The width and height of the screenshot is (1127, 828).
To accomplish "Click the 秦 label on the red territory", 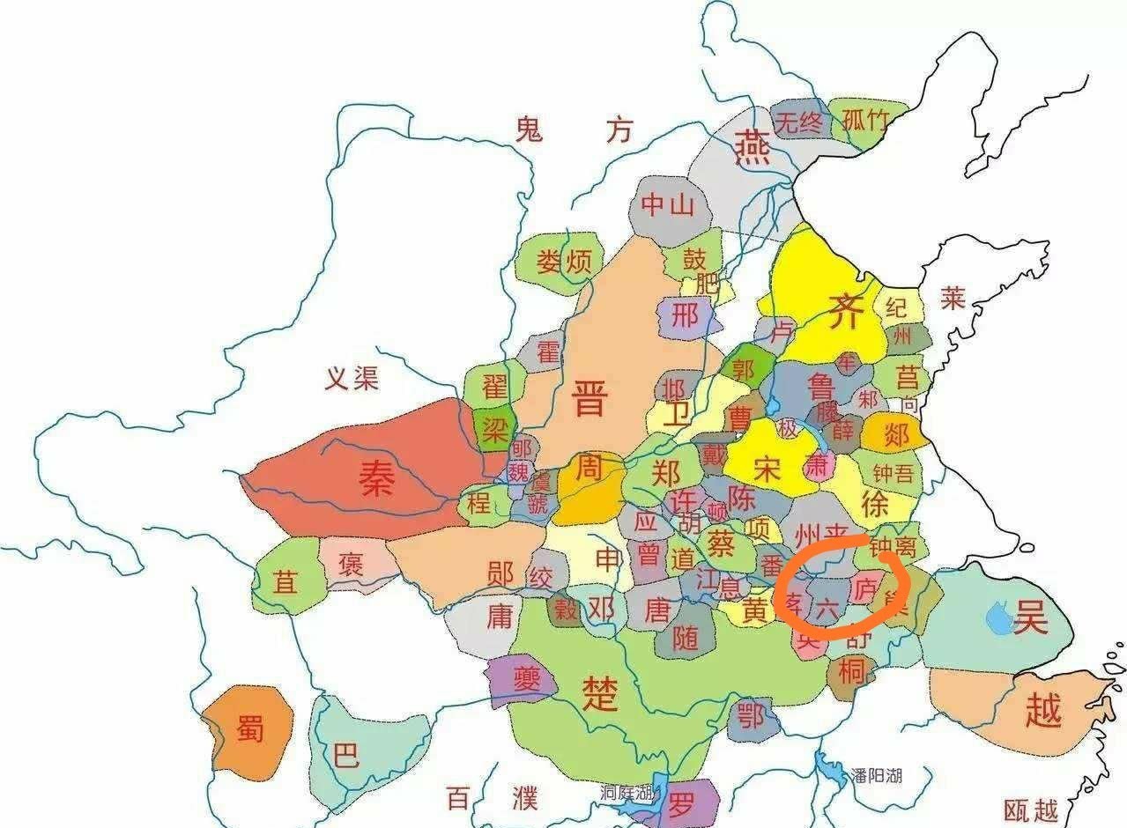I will (x=376, y=479).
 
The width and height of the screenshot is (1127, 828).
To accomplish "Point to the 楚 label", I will (x=600, y=693).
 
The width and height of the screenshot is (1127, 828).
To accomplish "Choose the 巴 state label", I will (x=347, y=755).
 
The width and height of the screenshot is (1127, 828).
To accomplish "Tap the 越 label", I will (x=1043, y=709).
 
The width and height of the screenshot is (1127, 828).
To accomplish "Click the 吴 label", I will (x=1030, y=619).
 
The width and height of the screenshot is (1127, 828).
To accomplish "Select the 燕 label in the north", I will (x=753, y=148).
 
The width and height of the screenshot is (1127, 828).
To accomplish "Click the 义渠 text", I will (x=352, y=380).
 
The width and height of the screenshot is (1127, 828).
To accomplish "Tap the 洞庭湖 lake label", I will (x=627, y=790).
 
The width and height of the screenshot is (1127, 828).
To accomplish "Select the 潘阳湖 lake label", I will (x=876, y=775).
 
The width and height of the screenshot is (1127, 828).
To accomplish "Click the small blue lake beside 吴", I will (x=999, y=617).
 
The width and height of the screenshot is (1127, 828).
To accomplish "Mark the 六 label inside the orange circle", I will (x=827, y=607).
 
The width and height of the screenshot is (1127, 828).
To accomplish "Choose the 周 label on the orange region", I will (x=588, y=469).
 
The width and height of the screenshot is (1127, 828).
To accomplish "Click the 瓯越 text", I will (x=1031, y=809).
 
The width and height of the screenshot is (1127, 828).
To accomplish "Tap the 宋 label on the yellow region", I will (x=767, y=469).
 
